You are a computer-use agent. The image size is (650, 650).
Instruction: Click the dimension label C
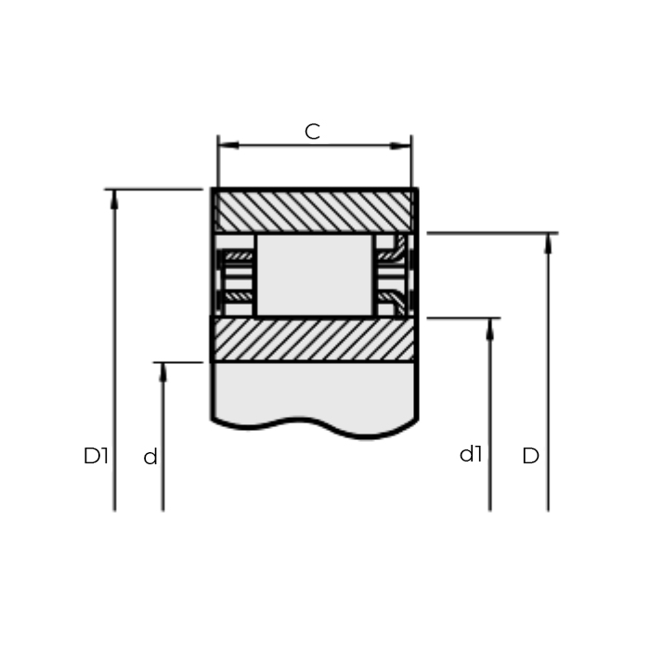coord(312,132)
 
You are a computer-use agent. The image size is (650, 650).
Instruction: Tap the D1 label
coord(96,456)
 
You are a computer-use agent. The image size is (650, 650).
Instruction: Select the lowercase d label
coord(150,458)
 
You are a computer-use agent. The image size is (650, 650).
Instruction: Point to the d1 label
coord(472,454)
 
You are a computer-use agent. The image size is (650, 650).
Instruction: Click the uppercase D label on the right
coord(530,456)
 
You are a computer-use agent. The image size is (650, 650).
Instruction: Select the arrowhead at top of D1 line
coord(114,197)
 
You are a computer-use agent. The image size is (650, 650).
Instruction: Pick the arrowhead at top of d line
coord(162,370)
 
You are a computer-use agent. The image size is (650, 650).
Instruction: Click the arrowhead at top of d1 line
coord(489,327)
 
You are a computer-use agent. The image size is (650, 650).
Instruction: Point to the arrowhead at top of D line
coord(548,241)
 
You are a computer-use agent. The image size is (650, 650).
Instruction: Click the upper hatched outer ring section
coord(314,211)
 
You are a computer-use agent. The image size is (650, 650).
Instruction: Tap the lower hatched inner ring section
coord(314,339)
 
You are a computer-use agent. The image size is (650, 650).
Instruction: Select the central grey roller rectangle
coord(314,275)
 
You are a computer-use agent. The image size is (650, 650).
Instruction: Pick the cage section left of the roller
coord(236,275)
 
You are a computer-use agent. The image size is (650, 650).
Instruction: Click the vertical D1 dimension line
coord(114,371)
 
